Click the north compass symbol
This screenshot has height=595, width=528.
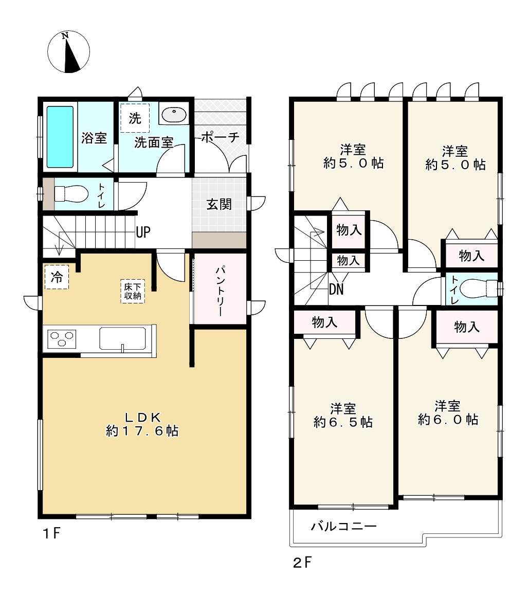(x=69, y=51)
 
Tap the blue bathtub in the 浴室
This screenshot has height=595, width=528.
(x=60, y=137)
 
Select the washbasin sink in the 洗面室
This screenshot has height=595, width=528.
(x=174, y=114)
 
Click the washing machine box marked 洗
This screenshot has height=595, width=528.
(x=135, y=118)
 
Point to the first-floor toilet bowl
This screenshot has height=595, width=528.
(x=71, y=193)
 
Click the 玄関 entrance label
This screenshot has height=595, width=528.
(x=219, y=204)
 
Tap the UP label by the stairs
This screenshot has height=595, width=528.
(x=143, y=232)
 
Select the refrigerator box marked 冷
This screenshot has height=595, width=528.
(x=57, y=277)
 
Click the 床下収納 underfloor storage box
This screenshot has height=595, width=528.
(x=133, y=292)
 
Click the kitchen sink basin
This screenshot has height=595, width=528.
(x=122, y=338)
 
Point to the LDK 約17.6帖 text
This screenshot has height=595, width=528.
(x=142, y=424)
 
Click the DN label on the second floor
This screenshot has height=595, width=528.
(x=336, y=290)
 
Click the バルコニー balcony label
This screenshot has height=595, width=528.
(x=343, y=526)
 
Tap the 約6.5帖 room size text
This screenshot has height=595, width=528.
(x=343, y=422)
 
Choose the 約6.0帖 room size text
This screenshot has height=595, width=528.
(x=448, y=420)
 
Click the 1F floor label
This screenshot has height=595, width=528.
(x=51, y=533)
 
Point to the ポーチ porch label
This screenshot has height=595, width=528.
(x=221, y=137)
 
